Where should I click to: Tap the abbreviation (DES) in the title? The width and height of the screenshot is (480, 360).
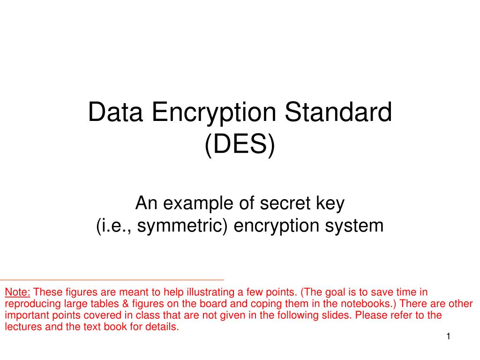coord(240,145)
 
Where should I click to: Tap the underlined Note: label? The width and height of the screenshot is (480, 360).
coord(17,292)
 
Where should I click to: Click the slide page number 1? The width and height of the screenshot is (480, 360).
coord(448,337)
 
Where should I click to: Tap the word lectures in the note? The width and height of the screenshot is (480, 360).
coord(23,327)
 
